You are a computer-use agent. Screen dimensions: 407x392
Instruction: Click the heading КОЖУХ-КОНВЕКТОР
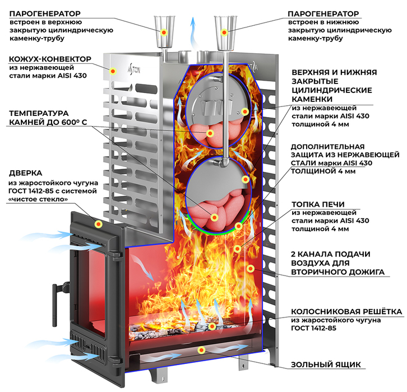(x=50, y=59)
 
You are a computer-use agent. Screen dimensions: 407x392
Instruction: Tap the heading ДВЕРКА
(x=25, y=173)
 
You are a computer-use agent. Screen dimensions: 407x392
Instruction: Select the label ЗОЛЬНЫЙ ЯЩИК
(x=326, y=365)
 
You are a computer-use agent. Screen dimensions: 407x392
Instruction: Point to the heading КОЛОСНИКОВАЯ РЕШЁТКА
(x=346, y=311)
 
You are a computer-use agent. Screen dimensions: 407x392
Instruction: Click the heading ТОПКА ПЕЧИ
(x=318, y=204)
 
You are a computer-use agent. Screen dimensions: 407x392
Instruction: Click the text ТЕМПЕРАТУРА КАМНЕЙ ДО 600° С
(x=48, y=118)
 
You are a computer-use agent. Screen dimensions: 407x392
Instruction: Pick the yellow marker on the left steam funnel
(x=164, y=32)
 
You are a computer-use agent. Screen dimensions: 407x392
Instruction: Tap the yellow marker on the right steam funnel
(x=224, y=32)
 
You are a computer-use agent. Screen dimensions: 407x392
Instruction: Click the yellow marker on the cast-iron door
(x=98, y=224)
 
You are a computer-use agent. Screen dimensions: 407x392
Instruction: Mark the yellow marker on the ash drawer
(x=201, y=350)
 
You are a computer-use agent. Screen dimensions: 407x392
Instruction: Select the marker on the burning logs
(x=212, y=326)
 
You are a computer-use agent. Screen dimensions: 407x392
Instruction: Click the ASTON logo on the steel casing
(x=134, y=69)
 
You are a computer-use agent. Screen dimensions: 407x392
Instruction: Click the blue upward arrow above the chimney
(x=193, y=33)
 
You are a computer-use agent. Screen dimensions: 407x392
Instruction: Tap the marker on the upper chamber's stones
(x=210, y=133)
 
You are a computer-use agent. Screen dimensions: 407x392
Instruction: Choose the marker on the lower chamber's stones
(x=214, y=217)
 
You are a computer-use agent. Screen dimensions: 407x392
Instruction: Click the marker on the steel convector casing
(x=113, y=71)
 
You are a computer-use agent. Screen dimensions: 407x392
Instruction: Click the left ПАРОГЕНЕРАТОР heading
(x=45, y=13)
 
